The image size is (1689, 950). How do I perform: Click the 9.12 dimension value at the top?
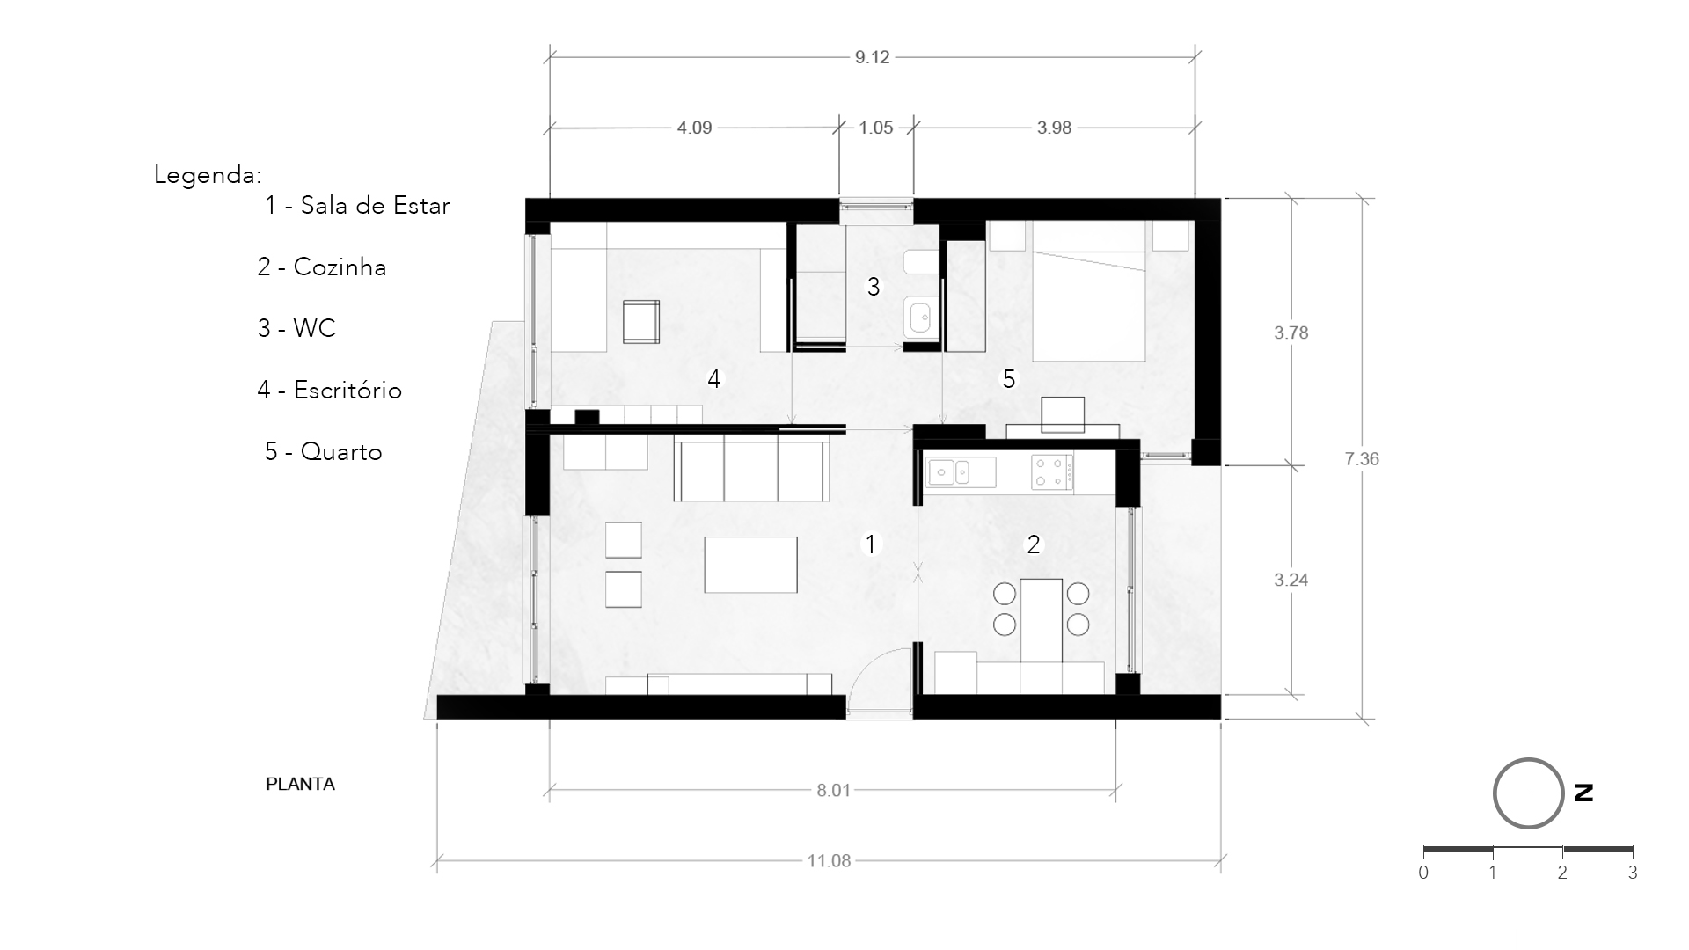point(872,57)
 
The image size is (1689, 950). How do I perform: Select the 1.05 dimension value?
point(876,128)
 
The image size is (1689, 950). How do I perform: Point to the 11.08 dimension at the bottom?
point(829,860)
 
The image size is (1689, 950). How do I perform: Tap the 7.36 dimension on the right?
point(1362,458)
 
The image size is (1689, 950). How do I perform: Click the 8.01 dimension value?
point(834,790)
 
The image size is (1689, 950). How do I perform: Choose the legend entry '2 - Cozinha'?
point(322,267)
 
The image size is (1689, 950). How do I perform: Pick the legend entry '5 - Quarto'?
point(324,452)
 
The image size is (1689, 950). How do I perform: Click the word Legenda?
point(208,175)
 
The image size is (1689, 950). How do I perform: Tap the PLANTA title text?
point(300,784)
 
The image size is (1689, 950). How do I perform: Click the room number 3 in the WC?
point(874,287)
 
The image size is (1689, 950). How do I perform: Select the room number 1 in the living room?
point(871,544)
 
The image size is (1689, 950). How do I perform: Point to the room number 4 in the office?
point(714,379)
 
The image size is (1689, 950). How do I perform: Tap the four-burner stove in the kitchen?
point(1052,471)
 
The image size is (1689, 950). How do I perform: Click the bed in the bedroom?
point(1089,291)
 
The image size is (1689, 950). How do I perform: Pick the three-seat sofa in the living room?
point(752,471)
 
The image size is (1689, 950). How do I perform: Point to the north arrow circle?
point(1528,793)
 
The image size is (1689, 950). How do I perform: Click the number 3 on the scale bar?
point(1633,873)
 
